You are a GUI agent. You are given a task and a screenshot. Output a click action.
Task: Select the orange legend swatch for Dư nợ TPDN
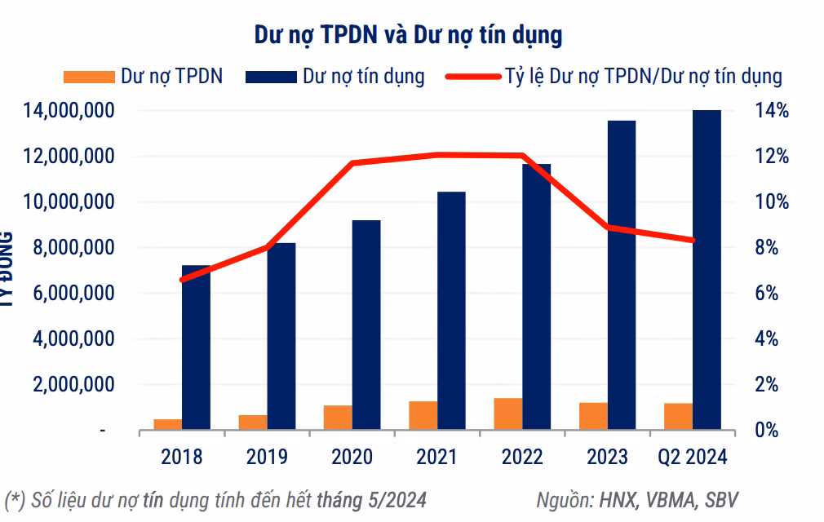tap(88, 77)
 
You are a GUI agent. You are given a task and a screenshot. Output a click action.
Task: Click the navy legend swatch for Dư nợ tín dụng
tap(270, 77)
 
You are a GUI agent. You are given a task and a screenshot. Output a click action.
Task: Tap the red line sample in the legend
tap(472, 77)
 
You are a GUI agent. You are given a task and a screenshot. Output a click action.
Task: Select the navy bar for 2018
tap(196, 347)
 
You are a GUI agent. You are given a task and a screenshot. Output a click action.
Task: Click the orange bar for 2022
tap(507, 414)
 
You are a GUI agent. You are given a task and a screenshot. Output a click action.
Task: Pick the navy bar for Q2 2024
tap(707, 269)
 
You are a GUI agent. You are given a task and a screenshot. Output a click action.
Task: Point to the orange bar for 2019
tap(253, 422)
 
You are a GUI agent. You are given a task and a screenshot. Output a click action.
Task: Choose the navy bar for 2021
tap(450, 311)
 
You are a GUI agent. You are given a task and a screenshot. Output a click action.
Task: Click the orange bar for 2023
tap(593, 416)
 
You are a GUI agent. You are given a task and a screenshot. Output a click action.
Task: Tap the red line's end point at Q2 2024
tap(693, 240)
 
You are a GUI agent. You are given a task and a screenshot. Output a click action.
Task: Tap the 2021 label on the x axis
tap(436, 457)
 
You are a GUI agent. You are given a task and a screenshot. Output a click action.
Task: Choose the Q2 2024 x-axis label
tap(692, 457)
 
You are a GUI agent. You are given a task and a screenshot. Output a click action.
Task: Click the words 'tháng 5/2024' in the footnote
tap(371, 499)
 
